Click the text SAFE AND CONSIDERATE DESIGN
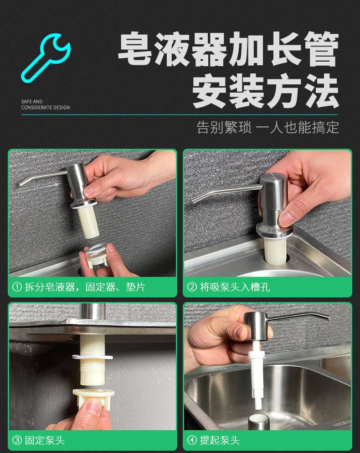pyautogui.click(x=45, y=104)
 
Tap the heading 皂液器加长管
pyautogui.click(x=228, y=49)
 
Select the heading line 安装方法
pyautogui.click(x=265, y=90)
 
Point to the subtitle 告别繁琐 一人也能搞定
pyautogui.click(x=267, y=127)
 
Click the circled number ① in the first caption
pyautogui.click(x=17, y=287)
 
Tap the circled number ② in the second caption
pyautogui.click(x=192, y=287)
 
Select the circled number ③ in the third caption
pyautogui.click(x=17, y=440)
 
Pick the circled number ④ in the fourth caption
pyautogui.click(x=192, y=440)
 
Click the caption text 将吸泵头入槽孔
pyautogui.click(x=235, y=287)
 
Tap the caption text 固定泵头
pyautogui.click(x=45, y=440)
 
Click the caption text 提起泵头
pyautogui.click(x=220, y=440)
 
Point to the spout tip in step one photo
pyautogui.click(x=21, y=184)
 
